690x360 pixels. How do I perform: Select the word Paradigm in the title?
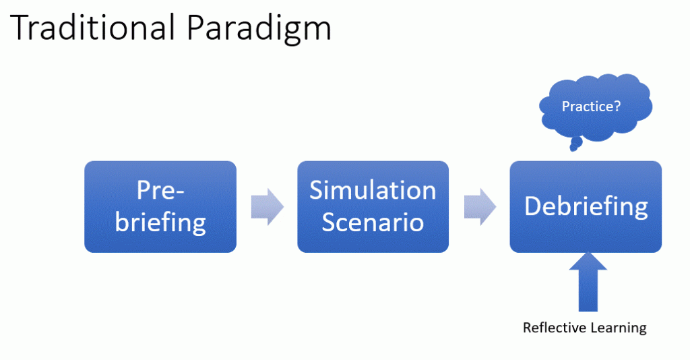pyautogui.click(x=259, y=30)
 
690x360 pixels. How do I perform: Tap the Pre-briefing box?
pyautogui.click(x=160, y=206)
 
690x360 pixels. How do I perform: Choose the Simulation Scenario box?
pyautogui.click(x=373, y=206)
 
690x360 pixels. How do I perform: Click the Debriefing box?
pyautogui.click(x=586, y=206)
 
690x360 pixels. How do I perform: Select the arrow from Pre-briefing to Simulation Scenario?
pyautogui.click(x=267, y=206)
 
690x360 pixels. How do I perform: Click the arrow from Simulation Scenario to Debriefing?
pyautogui.click(x=479, y=206)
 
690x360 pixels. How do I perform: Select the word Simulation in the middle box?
pyautogui.click(x=373, y=190)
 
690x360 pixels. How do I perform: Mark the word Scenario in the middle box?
pyautogui.click(x=373, y=222)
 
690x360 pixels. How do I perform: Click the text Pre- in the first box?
pyautogui.click(x=160, y=190)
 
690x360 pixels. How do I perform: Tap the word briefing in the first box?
pyautogui.click(x=160, y=222)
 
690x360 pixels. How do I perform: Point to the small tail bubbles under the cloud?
pyautogui.click(x=575, y=144)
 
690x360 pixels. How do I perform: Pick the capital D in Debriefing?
pyautogui.click(x=533, y=206)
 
